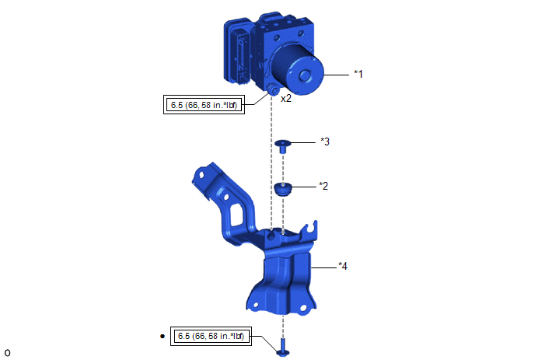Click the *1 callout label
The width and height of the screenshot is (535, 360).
coord(358,74)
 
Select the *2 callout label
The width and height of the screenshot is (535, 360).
coord(323,186)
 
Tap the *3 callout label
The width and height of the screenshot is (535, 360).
coord(325,142)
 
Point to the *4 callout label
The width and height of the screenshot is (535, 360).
coord(343,266)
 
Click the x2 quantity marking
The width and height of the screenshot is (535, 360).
coord(286,98)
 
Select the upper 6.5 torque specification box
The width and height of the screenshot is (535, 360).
coord(204,105)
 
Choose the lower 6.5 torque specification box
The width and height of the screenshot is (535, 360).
coord(211,336)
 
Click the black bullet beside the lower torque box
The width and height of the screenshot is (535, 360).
coord(163,336)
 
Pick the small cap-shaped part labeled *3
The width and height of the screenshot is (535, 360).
coord(282,145)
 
